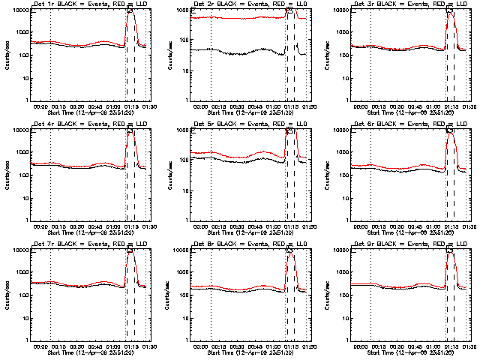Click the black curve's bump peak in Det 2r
[263, 49]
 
